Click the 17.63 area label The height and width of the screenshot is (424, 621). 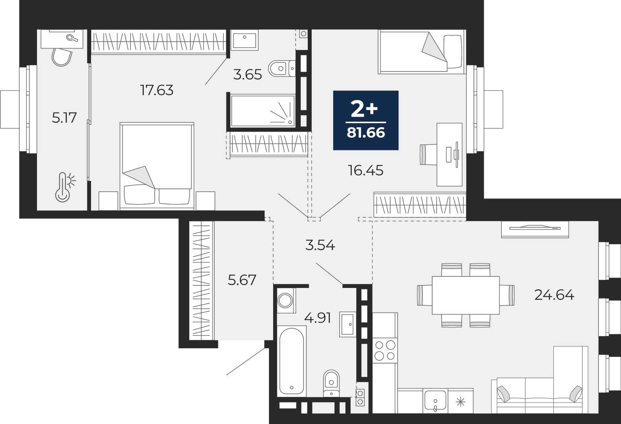pos(157,90)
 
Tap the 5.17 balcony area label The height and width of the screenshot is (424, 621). pos(64,117)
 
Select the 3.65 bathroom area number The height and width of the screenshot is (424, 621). pos(248,75)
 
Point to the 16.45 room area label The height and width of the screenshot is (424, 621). pos(366,170)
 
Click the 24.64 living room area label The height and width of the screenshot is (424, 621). pos(554,294)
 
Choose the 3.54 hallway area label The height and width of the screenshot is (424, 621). pos(320,245)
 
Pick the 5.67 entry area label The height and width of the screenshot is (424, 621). pos(242,280)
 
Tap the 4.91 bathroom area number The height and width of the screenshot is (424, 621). pos(318,318)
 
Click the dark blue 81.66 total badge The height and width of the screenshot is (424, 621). pos(366,120)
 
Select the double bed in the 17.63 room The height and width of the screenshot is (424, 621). pos(157,166)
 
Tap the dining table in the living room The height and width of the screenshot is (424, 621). pos(466,295)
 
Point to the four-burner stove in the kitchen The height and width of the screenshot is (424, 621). pos(385,350)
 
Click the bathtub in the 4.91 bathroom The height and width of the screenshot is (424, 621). pos(291,360)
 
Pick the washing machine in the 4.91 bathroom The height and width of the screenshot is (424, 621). pos(285,300)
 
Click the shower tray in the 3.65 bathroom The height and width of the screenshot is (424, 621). pos(262,111)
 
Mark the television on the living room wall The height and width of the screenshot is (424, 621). pos(535,229)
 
